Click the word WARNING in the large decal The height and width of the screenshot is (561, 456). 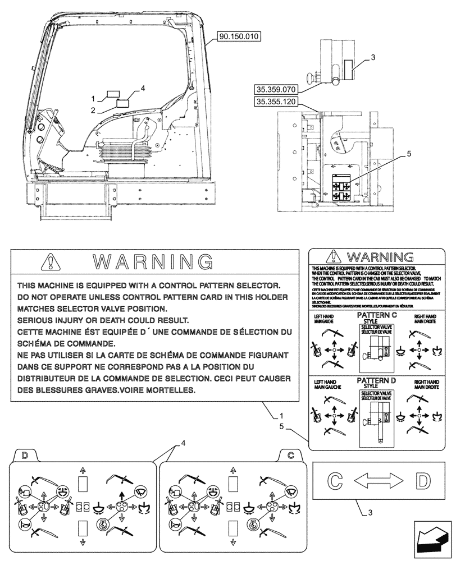pos(152,262)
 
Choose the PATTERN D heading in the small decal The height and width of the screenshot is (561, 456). pos(377,381)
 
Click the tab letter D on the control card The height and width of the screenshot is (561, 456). pos(24,455)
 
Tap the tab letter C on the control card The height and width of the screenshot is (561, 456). pos(290,455)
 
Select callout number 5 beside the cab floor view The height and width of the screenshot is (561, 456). pos(409,152)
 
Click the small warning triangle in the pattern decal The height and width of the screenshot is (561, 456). pos(336,257)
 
